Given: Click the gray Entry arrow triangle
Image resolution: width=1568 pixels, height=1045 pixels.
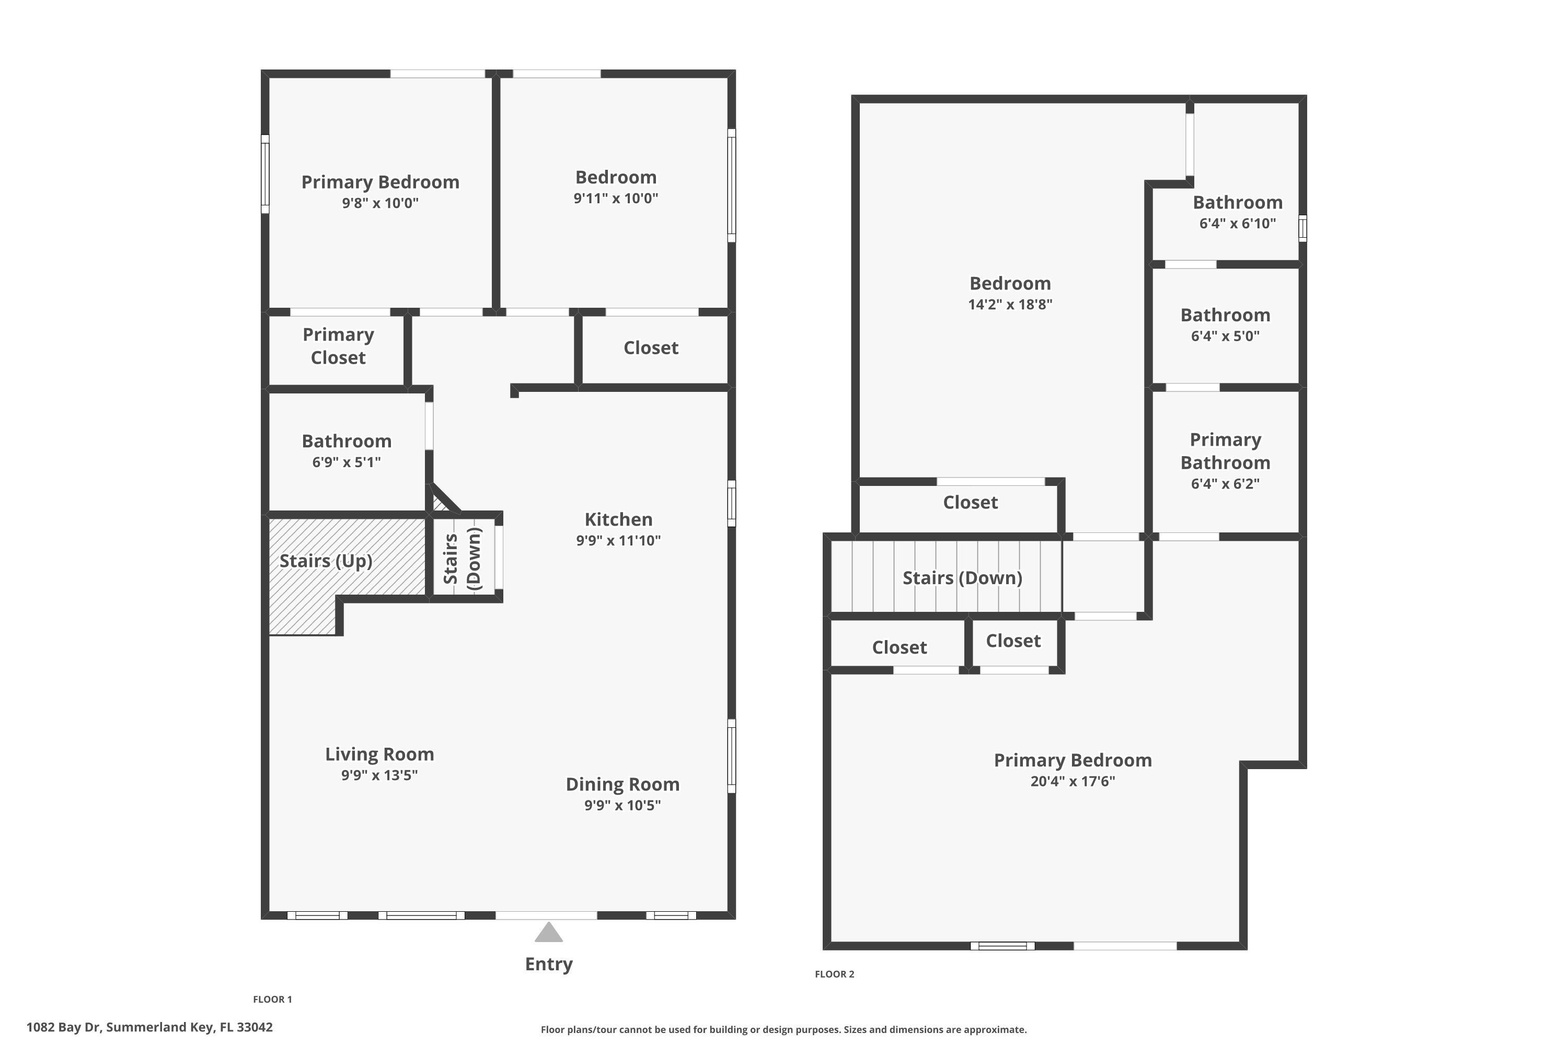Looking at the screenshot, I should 549,933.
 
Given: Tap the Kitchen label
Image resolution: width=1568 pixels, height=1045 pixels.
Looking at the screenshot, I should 618,519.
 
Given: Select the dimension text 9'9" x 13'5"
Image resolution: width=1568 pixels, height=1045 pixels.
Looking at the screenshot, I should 379,774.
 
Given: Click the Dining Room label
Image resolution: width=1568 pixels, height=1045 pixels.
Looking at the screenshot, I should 622,784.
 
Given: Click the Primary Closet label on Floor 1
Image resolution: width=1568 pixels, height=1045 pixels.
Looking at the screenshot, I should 338,346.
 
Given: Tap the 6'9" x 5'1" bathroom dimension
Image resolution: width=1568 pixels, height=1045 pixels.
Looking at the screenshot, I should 346,462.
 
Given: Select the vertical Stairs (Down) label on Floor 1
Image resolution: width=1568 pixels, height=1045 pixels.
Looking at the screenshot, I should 463,558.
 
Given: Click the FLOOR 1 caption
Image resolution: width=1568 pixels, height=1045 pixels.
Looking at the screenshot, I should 272,999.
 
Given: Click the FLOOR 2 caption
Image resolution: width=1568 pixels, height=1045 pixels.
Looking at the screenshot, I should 834,974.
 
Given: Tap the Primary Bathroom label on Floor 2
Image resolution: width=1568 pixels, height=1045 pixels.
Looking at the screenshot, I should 1225,451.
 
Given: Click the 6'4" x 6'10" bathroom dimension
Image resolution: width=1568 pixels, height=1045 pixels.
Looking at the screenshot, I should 1237,223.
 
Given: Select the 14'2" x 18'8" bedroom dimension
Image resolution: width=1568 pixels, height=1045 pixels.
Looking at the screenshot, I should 1010,305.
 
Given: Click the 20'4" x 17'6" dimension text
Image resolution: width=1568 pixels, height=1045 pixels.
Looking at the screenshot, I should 1072,781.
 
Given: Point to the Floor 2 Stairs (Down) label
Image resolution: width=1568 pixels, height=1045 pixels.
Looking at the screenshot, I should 962,578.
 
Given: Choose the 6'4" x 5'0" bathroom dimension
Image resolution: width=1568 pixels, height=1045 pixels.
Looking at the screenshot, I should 1225,336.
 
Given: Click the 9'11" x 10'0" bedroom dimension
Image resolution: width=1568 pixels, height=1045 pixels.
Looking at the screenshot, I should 615,198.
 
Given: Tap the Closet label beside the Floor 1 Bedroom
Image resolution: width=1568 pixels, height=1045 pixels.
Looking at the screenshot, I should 651,348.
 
